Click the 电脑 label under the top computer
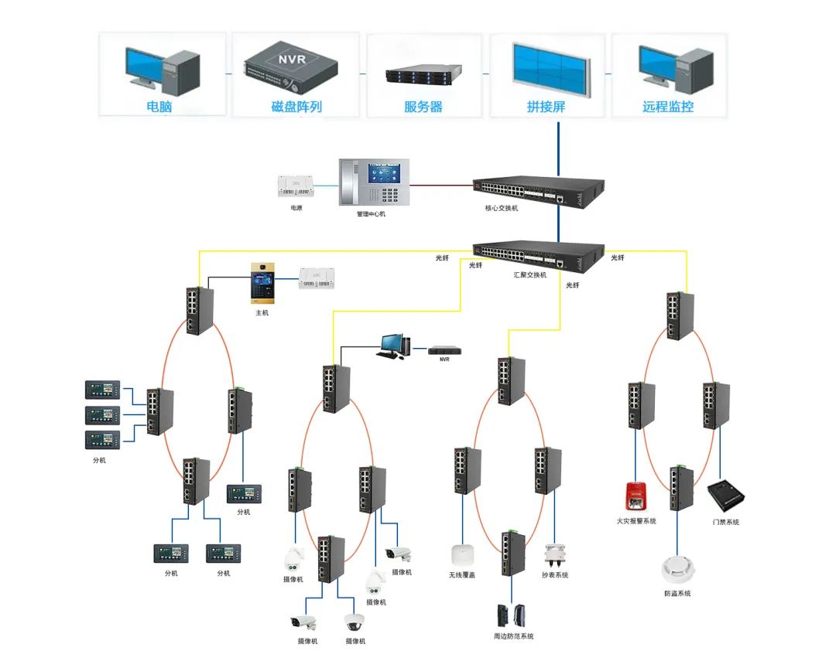pyautogui.click(x=159, y=107)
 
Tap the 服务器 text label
pyautogui.click(x=423, y=107)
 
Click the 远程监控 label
pyautogui.click(x=668, y=107)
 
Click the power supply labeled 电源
pyautogui.click(x=296, y=186)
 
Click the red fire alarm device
pyautogui.click(x=636, y=496)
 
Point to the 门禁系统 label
pyautogui.click(x=725, y=522)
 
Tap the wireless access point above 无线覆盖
pyautogui.click(x=462, y=554)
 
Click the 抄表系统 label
pyautogui.click(x=555, y=574)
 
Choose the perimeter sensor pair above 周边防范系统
pyautogui.click(x=513, y=615)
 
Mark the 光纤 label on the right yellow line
pyautogui.click(x=618, y=257)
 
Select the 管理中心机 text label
pyautogui.click(x=371, y=213)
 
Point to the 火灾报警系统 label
pyautogui.click(x=636, y=521)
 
